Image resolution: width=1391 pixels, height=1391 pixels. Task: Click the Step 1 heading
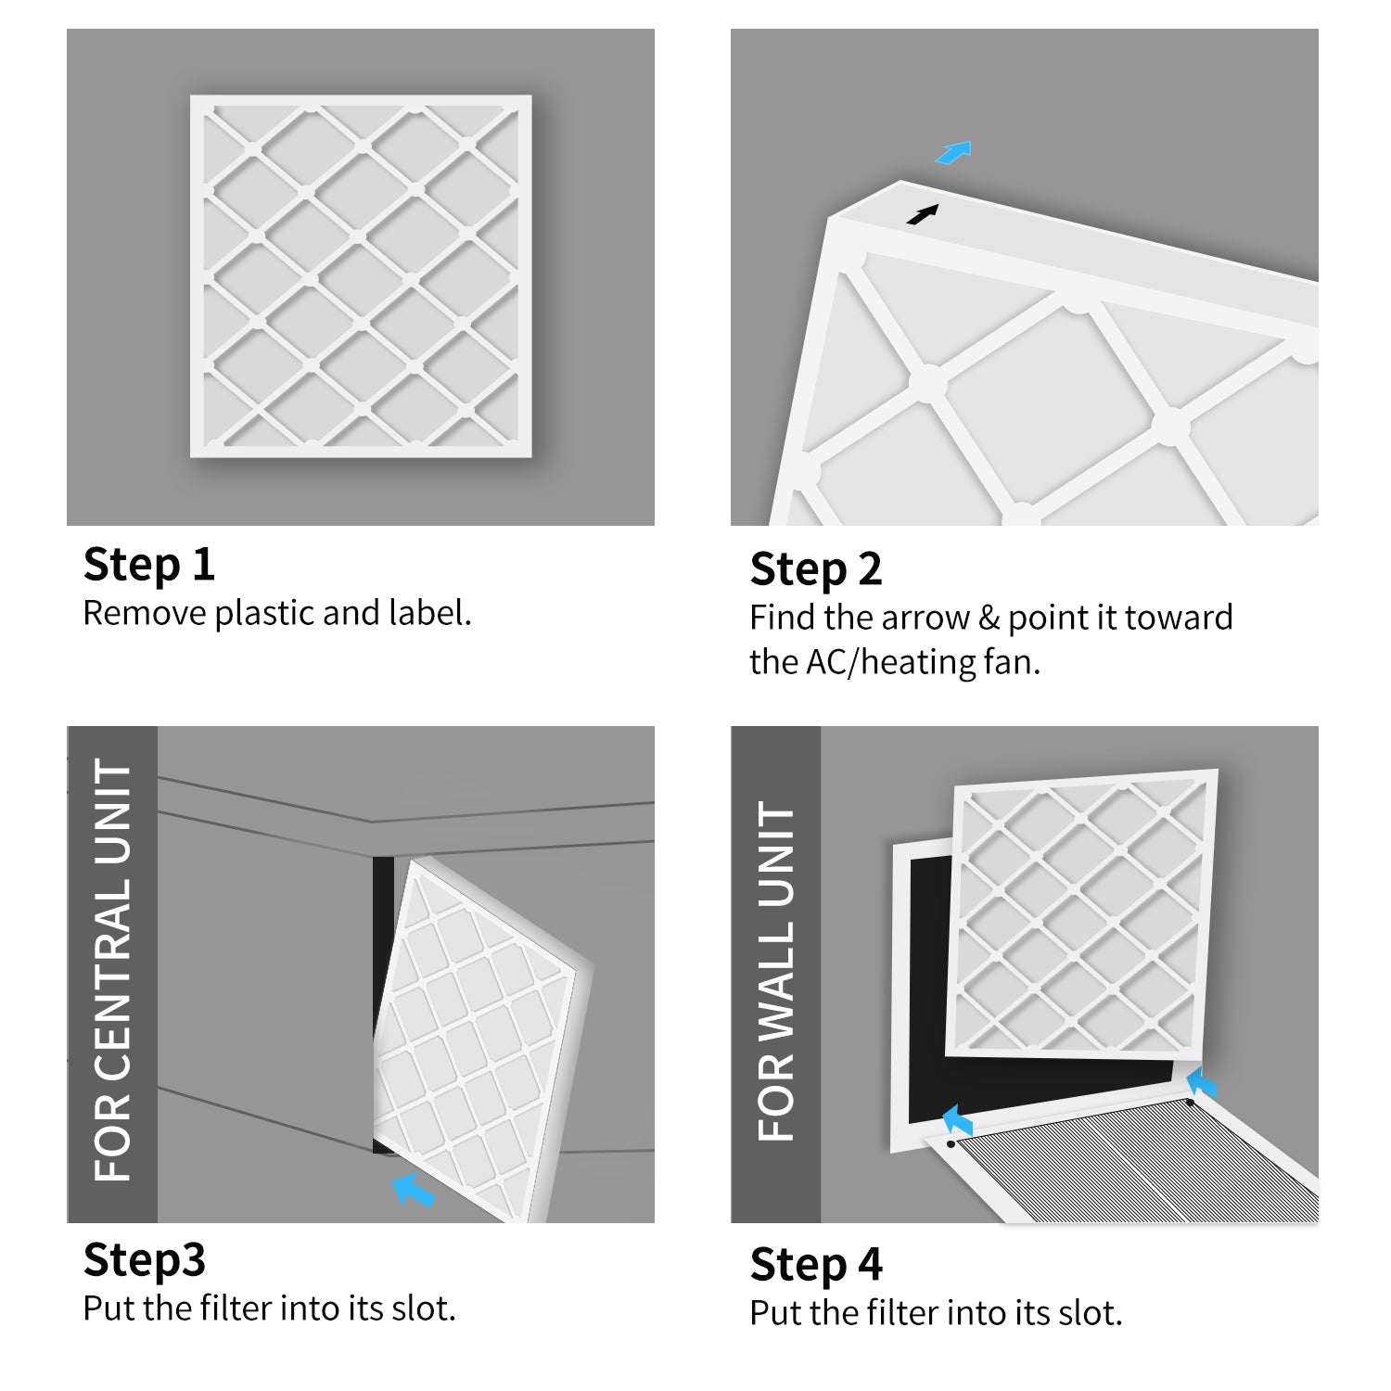[x=148, y=565]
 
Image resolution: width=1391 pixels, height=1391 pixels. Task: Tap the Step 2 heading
[x=815, y=569]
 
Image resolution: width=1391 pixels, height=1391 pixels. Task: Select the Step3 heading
[x=144, y=1260]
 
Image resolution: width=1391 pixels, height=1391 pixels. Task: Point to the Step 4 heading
[x=815, y=1265]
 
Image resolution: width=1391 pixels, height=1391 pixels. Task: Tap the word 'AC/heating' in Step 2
[x=891, y=663]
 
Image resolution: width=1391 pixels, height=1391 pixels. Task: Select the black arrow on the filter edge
[x=922, y=215]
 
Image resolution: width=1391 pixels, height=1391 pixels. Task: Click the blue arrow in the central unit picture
[x=413, y=1189]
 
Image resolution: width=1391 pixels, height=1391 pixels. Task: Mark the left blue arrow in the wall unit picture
[x=957, y=1120]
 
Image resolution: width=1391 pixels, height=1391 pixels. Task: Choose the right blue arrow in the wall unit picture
[x=1201, y=1082]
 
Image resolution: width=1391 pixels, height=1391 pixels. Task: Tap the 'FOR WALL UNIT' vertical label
[x=776, y=972]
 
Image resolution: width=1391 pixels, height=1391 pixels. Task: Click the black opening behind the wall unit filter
[x=927, y=983]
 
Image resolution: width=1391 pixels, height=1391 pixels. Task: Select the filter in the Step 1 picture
[x=361, y=276]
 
